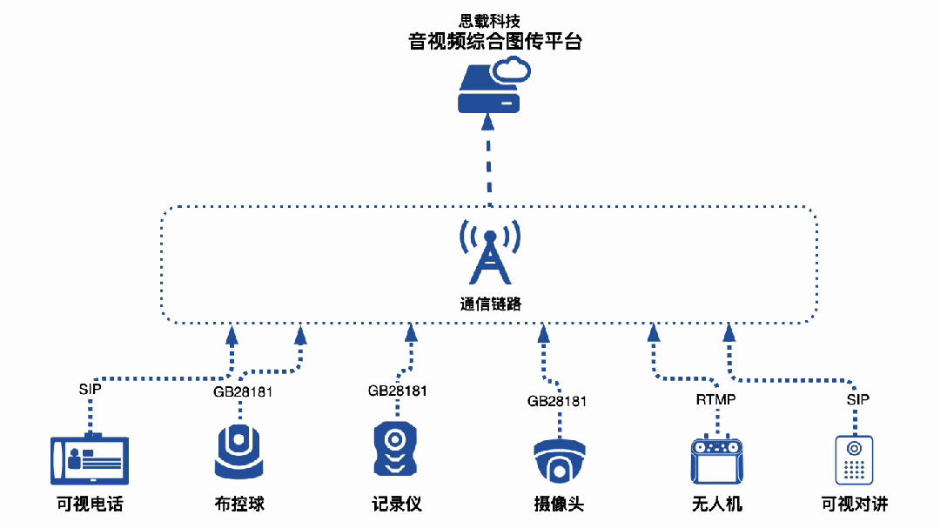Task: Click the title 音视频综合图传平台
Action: (x=494, y=42)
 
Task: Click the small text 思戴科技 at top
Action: (x=489, y=20)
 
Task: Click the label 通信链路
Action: (x=490, y=304)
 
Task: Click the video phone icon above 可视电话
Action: (x=90, y=458)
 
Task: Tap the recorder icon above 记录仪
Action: (x=396, y=449)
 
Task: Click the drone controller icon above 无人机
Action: (x=718, y=460)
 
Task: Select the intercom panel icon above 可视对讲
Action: (x=854, y=459)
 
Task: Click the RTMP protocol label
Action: (x=715, y=400)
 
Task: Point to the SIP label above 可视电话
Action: (x=90, y=389)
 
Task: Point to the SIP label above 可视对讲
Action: (x=857, y=399)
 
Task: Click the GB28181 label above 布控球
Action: (x=243, y=391)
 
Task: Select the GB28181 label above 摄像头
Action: (x=557, y=401)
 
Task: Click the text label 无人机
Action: (x=716, y=505)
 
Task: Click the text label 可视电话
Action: (x=90, y=505)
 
